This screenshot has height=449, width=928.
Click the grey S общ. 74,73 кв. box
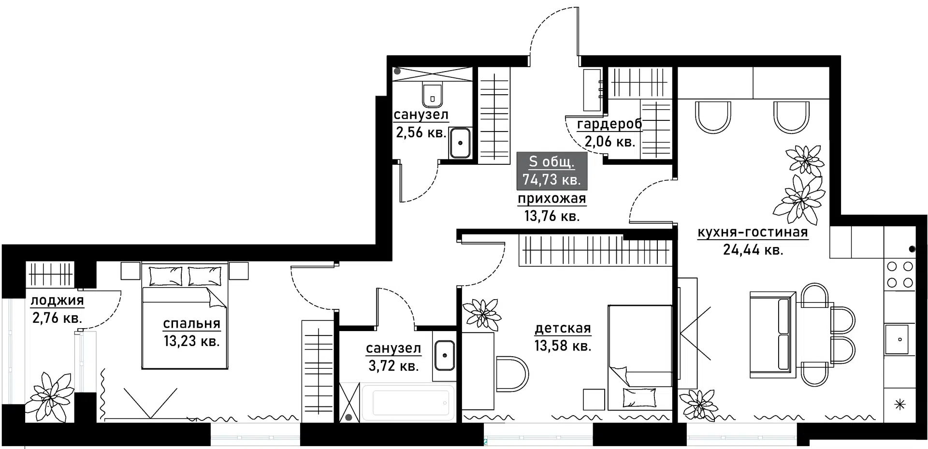coord(551,170)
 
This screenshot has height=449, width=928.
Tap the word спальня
coord(191,323)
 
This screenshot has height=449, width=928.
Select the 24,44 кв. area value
coord(753,250)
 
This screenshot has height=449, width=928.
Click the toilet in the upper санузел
coord(432,95)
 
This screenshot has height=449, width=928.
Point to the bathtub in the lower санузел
coord(408,403)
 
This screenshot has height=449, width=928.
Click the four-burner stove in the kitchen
coord(900,274)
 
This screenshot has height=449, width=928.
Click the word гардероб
coord(609,124)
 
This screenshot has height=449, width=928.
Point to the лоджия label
coord(57,300)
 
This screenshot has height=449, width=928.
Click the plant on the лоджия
coord(50,395)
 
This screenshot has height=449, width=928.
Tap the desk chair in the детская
coord(512,374)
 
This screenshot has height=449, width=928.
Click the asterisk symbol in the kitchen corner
coord(900,405)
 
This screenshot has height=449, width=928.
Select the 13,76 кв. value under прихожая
coord(551,216)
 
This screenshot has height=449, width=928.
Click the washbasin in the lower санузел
coord(444,355)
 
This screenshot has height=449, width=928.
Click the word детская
coord(563,328)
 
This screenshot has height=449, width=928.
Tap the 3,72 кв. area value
coord(393,366)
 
